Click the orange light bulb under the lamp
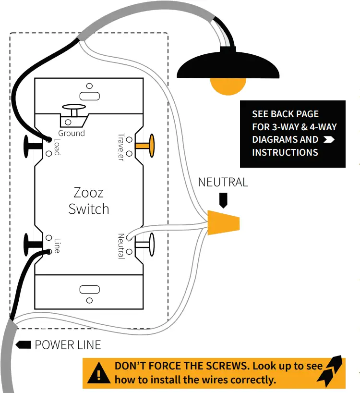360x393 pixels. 228,85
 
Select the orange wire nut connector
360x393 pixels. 223,222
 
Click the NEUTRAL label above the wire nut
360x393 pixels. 223,183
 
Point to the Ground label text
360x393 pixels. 72,133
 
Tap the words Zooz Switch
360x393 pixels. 89,201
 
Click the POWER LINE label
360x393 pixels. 68,345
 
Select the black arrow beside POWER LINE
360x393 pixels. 24,345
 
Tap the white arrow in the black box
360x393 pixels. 329,140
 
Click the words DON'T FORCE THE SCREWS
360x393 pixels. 181,366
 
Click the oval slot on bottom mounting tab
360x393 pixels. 89,289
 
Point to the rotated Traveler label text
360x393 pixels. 121,147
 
